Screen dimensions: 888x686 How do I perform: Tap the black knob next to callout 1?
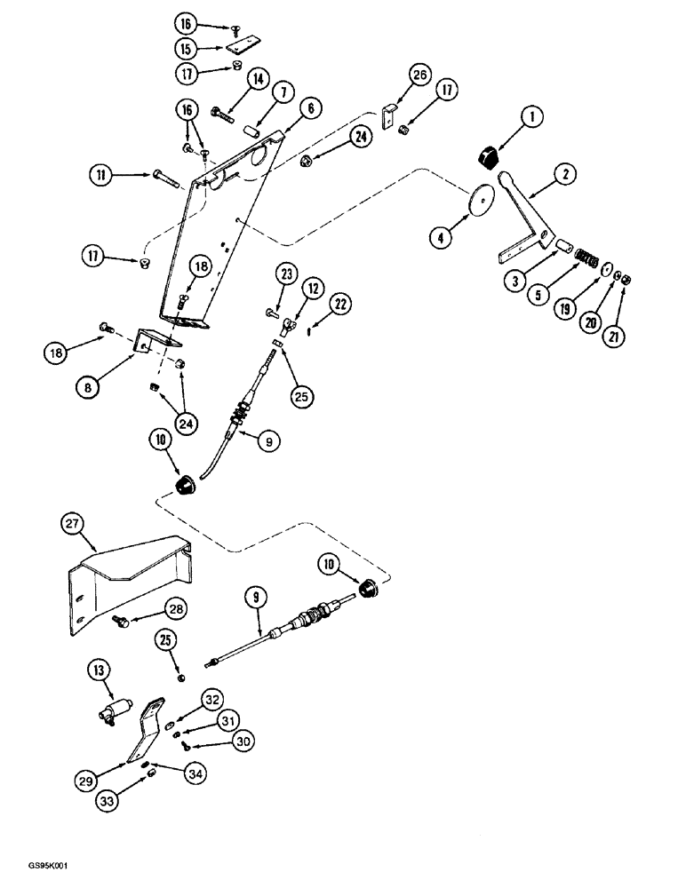[489, 158]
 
